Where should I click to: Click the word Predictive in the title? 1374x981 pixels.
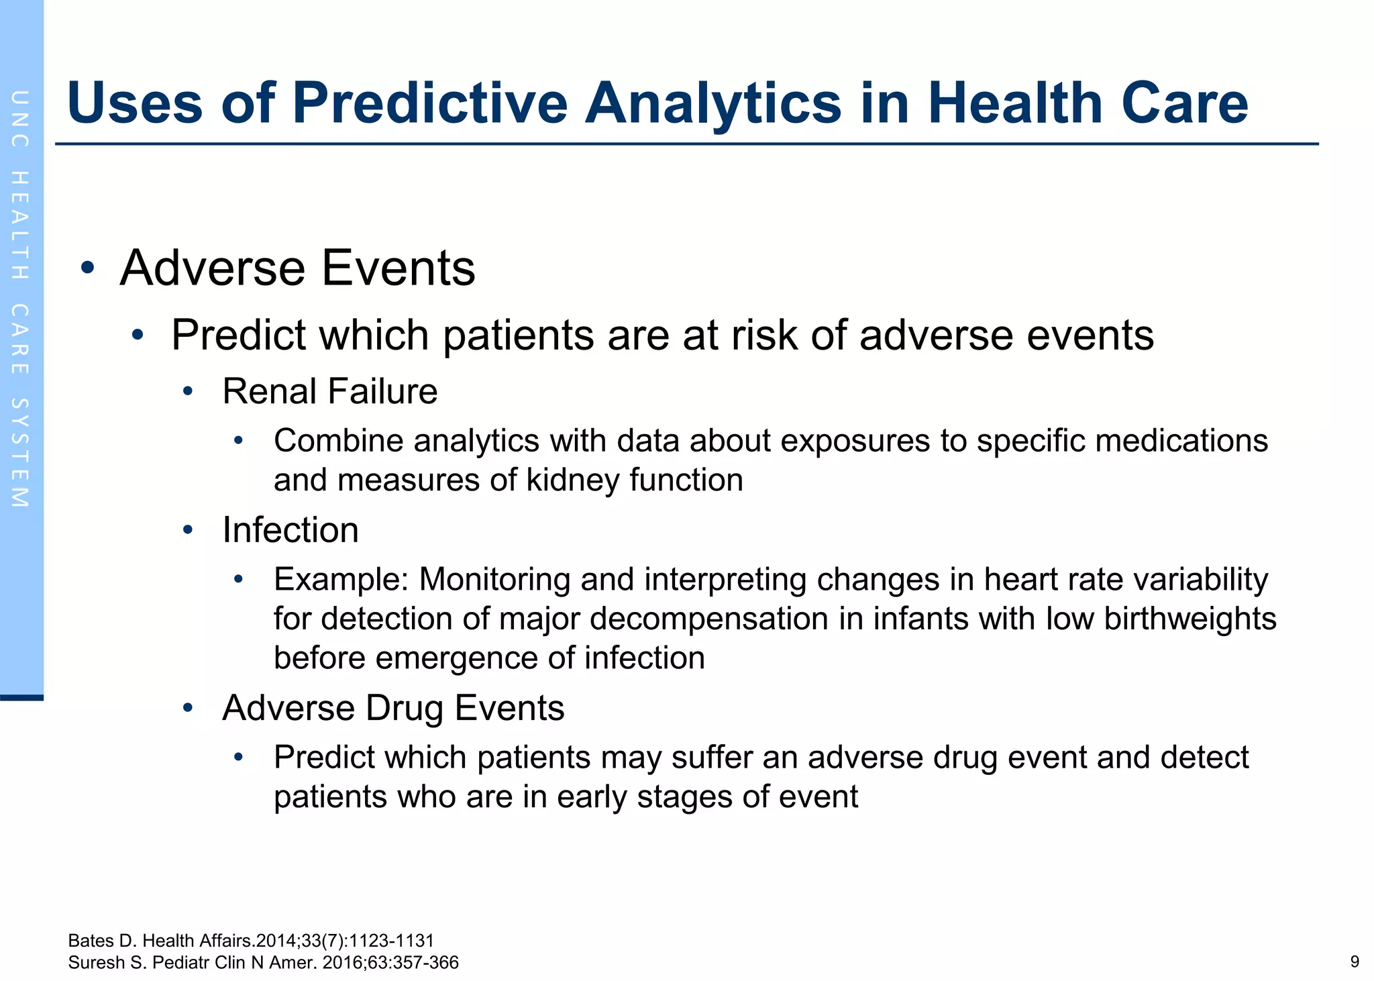(x=429, y=103)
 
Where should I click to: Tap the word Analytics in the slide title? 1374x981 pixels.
(x=712, y=103)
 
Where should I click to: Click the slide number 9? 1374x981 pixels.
(x=1354, y=962)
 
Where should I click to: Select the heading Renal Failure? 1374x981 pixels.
(x=329, y=391)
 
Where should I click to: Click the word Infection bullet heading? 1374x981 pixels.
(x=290, y=530)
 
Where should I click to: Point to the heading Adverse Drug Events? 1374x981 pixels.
(x=393, y=708)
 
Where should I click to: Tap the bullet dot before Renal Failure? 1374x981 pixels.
(x=188, y=392)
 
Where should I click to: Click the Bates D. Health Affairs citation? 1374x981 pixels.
(x=251, y=941)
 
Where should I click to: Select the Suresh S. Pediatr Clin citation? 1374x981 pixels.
(x=263, y=962)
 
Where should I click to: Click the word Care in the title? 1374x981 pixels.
(x=1184, y=103)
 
